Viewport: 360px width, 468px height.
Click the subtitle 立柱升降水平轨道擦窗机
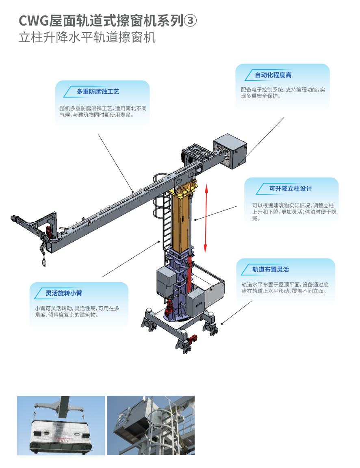coord(87,38)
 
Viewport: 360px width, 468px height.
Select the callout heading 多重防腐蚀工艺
coord(98,92)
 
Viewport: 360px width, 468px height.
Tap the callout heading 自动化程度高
coord(273,75)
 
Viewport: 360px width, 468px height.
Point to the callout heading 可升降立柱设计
coord(291,188)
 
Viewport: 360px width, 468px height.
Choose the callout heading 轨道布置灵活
coord(271,269)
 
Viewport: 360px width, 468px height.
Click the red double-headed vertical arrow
coord(206,218)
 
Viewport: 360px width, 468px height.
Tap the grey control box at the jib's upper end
coord(230,151)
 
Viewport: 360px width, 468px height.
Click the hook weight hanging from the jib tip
coord(44,263)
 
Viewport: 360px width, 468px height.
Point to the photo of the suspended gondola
coord(61,425)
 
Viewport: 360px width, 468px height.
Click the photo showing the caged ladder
coord(150,425)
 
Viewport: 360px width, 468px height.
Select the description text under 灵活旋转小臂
coord(77,311)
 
